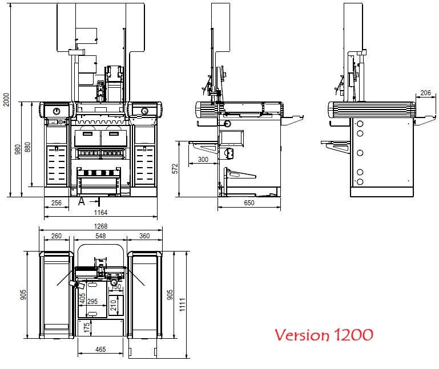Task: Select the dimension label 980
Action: [x=18, y=149]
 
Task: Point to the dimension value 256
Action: [x=57, y=202]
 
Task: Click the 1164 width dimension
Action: [x=100, y=212]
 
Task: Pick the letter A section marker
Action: [x=82, y=201]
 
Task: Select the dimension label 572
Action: [x=175, y=168]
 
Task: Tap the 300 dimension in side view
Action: [x=203, y=160]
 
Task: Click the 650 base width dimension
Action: [x=249, y=202]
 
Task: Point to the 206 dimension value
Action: [x=425, y=92]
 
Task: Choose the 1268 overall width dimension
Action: [x=100, y=226]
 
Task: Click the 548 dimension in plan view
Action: [x=100, y=236]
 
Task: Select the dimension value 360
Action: [x=144, y=236]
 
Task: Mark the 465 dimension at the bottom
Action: [x=100, y=348]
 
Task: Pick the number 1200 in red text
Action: [x=352, y=334]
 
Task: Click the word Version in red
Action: [x=301, y=334]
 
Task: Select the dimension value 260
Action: [x=57, y=236]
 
